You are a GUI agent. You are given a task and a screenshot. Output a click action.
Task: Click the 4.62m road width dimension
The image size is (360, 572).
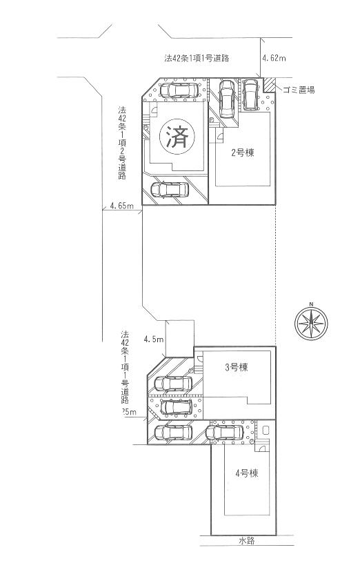pos(274,59)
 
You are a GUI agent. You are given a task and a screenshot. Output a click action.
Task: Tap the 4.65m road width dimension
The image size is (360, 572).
pos(121,206)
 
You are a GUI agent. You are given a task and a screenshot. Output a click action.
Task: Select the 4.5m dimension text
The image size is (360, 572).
pos(153,339)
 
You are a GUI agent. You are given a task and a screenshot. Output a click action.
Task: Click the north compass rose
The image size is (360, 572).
pos(311,322)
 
